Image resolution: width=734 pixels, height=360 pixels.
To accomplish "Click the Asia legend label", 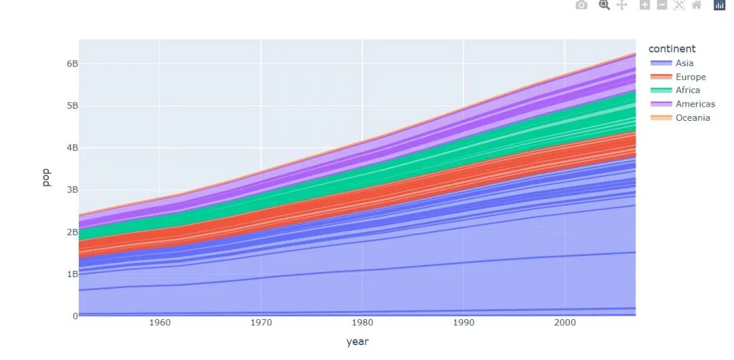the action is [684, 63].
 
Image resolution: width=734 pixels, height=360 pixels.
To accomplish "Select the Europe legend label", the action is [691, 77].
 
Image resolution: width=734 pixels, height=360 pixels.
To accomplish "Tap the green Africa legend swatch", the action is [661, 90].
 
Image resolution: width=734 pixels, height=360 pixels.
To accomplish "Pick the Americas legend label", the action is [695, 104].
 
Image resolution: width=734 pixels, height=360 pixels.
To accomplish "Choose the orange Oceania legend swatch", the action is [661, 118].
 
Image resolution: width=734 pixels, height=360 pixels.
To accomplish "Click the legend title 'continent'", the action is [671, 49].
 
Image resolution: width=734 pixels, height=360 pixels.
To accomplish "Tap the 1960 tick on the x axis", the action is [160, 323].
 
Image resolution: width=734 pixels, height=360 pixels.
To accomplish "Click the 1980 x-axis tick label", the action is [362, 323].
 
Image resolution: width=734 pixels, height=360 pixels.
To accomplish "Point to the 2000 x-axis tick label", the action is [565, 323].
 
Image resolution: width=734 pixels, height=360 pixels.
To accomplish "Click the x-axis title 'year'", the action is [357, 342].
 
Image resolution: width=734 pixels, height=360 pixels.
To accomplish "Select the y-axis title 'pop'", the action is [46, 178].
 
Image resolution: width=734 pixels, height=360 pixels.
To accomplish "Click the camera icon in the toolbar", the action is [581, 5].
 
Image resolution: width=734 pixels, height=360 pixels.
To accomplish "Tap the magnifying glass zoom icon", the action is [604, 5].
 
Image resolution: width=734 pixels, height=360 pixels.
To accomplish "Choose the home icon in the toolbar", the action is [697, 5].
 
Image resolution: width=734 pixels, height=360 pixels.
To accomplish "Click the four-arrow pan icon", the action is [622, 5].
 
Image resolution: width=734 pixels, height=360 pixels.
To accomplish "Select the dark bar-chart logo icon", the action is [720, 5].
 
